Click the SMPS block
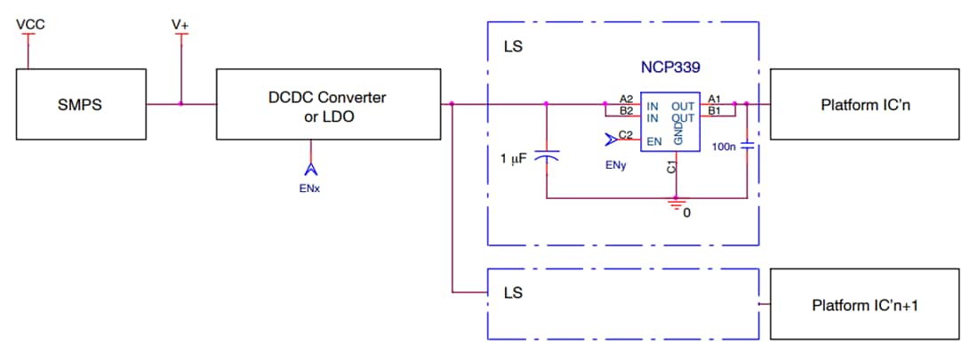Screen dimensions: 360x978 [x=81, y=105]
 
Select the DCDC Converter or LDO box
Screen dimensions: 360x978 [x=329, y=105]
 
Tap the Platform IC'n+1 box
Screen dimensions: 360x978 [x=864, y=305]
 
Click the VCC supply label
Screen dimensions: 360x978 [x=30, y=24]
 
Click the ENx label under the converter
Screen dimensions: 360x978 [x=310, y=188]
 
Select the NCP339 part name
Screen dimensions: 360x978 [x=672, y=68]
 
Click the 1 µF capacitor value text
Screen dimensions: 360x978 [x=514, y=158]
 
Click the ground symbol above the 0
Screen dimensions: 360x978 [x=677, y=204]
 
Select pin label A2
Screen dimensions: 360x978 [x=626, y=99]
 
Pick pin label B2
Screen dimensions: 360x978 [x=626, y=111]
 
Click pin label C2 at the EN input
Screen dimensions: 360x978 [x=626, y=134]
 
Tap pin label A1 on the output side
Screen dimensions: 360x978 [x=715, y=99]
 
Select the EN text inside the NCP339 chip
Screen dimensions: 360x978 [x=653, y=140]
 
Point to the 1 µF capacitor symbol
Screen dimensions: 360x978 [x=547, y=156]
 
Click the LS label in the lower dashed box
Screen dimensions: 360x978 [x=513, y=292]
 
